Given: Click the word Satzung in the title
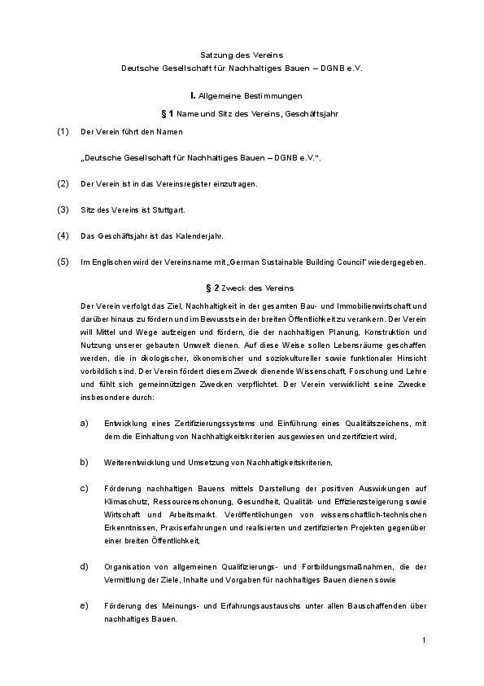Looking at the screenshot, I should click(216, 54).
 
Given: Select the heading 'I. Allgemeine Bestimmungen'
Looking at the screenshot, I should click(241, 95).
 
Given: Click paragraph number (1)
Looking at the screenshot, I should click(63, 131).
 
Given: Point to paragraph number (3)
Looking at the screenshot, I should click(63, 209).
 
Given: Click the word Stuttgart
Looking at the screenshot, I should click(168, 209).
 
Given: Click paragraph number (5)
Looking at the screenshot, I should click(63, 262).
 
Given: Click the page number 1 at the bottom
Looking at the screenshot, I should click(424, 641).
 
